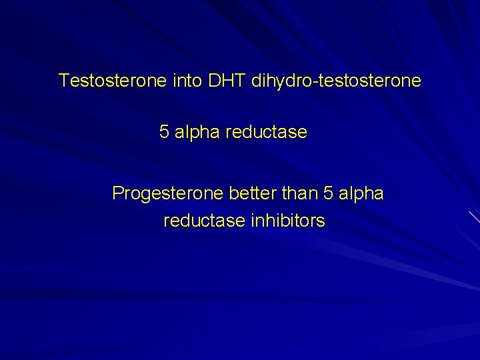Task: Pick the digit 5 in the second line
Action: point(164,132)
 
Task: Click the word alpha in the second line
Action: point(197,132)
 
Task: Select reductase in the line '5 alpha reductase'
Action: point(267,132)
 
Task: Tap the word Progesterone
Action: point(168,193)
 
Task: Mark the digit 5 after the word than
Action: point(326,193)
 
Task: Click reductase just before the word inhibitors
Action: point(204,220)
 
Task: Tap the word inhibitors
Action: point(287,220)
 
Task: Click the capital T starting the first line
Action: point(63,81)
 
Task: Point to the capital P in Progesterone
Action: point(118,193)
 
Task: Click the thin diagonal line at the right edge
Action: point(473,217)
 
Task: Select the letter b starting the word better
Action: point(233,193)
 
